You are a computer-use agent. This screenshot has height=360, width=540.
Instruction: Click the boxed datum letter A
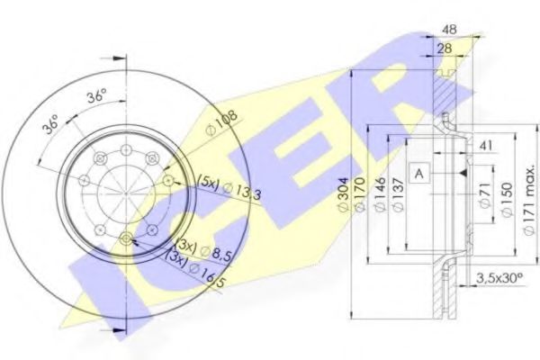[x=420, y=171]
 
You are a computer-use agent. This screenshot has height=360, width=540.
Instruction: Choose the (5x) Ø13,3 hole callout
[x=229, y=188]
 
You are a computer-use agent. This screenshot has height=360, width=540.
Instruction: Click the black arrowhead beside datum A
[x=460, y=171]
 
